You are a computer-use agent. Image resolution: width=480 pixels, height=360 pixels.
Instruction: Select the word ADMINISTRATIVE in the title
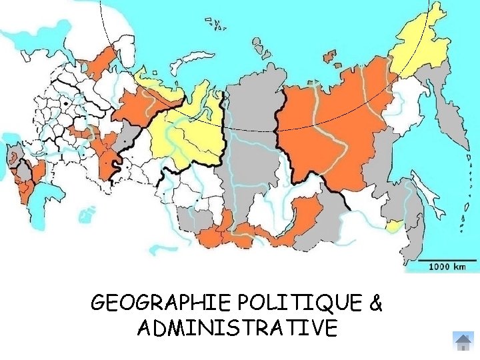pos(237,328)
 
